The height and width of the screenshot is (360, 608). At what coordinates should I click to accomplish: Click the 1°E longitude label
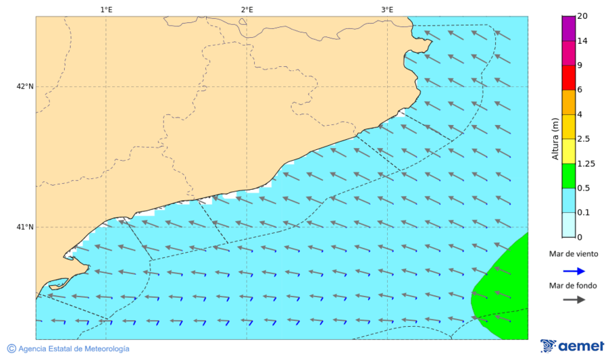point(106,9)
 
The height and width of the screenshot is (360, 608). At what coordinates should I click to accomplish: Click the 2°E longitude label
point(247,9)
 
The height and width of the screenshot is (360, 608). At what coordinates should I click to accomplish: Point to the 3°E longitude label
point(387,9)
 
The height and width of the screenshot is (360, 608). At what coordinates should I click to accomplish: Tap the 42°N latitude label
point(25,86)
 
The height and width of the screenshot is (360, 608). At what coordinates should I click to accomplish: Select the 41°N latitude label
point(25,227)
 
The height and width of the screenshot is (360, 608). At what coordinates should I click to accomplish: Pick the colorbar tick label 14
point(582,41)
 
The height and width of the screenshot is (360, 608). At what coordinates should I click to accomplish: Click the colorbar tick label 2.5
point(584,139)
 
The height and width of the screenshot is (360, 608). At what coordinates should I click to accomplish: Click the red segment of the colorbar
point(568,78)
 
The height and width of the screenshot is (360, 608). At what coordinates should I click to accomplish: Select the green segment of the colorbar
point(568,176)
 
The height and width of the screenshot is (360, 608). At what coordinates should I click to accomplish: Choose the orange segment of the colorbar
point(568,102)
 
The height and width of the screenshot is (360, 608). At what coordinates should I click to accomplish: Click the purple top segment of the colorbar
point(568,28)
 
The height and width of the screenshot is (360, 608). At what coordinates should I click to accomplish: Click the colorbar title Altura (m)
point(555,138)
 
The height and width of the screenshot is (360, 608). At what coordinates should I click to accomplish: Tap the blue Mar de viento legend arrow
point(573,272)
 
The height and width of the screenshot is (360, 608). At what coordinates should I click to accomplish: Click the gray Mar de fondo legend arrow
point(573,300)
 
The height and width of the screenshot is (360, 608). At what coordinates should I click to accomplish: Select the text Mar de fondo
point(573,286)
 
